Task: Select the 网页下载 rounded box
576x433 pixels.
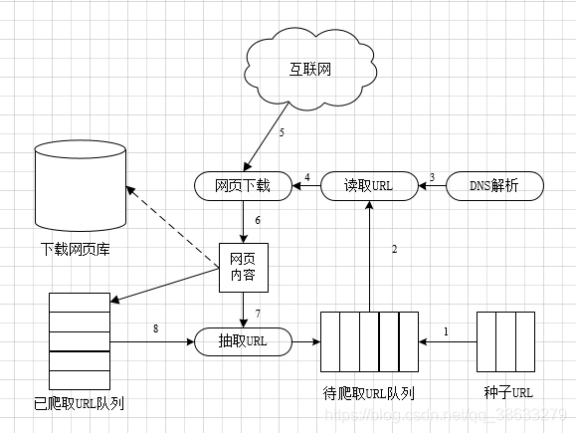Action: tap(242, 185)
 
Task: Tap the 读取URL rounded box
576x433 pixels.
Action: tap(369, 185)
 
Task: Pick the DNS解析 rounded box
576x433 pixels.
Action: tap(507, 185)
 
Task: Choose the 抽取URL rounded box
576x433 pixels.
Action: tap(244, 341)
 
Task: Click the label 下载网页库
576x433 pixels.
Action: tap(76, 249)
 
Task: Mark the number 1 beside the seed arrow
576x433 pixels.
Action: tap(447, 330)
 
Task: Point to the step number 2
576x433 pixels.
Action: tap(395, 249)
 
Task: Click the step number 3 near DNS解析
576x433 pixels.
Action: tap(432, 177)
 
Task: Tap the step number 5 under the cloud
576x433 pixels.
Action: tap(282, 132)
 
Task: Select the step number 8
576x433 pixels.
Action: tap(155, 328)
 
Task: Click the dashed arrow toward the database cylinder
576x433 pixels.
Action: tap(175, 227)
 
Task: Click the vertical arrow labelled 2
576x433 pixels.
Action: tap(369, 255)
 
